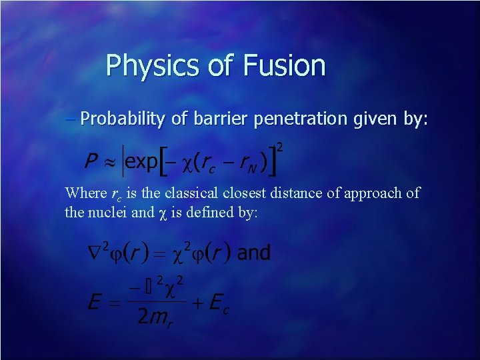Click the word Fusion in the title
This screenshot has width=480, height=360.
tap(285, 66)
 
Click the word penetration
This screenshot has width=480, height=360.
tap(299, 119)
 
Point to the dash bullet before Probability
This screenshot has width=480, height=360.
tap(72, 119)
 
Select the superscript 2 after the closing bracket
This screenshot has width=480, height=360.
tap(280, 146)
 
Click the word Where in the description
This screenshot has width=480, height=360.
tap(85, 193)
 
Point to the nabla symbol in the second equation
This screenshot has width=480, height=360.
tap(95, 253)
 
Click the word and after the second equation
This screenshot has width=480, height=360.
tap(254, 253)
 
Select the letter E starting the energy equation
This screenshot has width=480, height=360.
tap(96, 303)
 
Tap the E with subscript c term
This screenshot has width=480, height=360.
tap(218, 303)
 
